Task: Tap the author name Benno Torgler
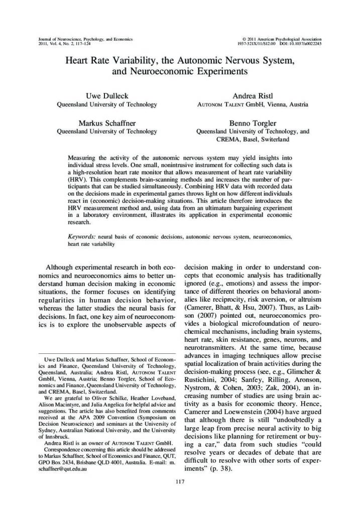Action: tap(252, 122)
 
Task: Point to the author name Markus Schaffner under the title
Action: tap(106, 122)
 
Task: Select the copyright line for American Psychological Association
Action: tap(282, 39)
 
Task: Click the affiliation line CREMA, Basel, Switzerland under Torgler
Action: tap(252, 139)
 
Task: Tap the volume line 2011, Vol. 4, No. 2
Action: tap(60, 44)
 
